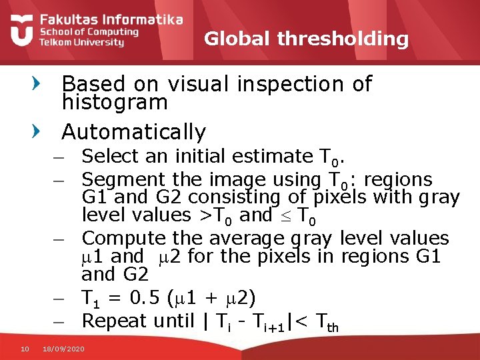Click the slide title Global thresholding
306,39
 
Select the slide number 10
25,347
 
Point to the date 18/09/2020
63,348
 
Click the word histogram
114,103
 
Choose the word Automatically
133,131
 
